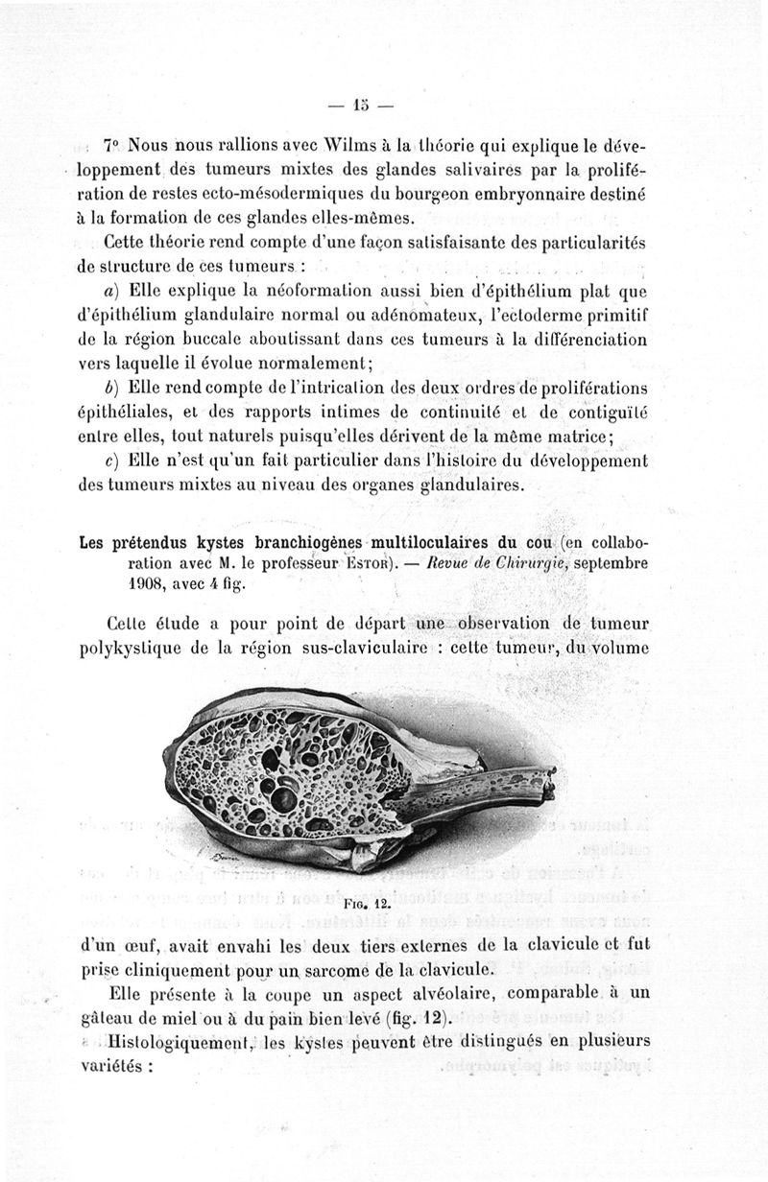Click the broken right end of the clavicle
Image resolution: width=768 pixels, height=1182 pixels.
pos(549,781)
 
